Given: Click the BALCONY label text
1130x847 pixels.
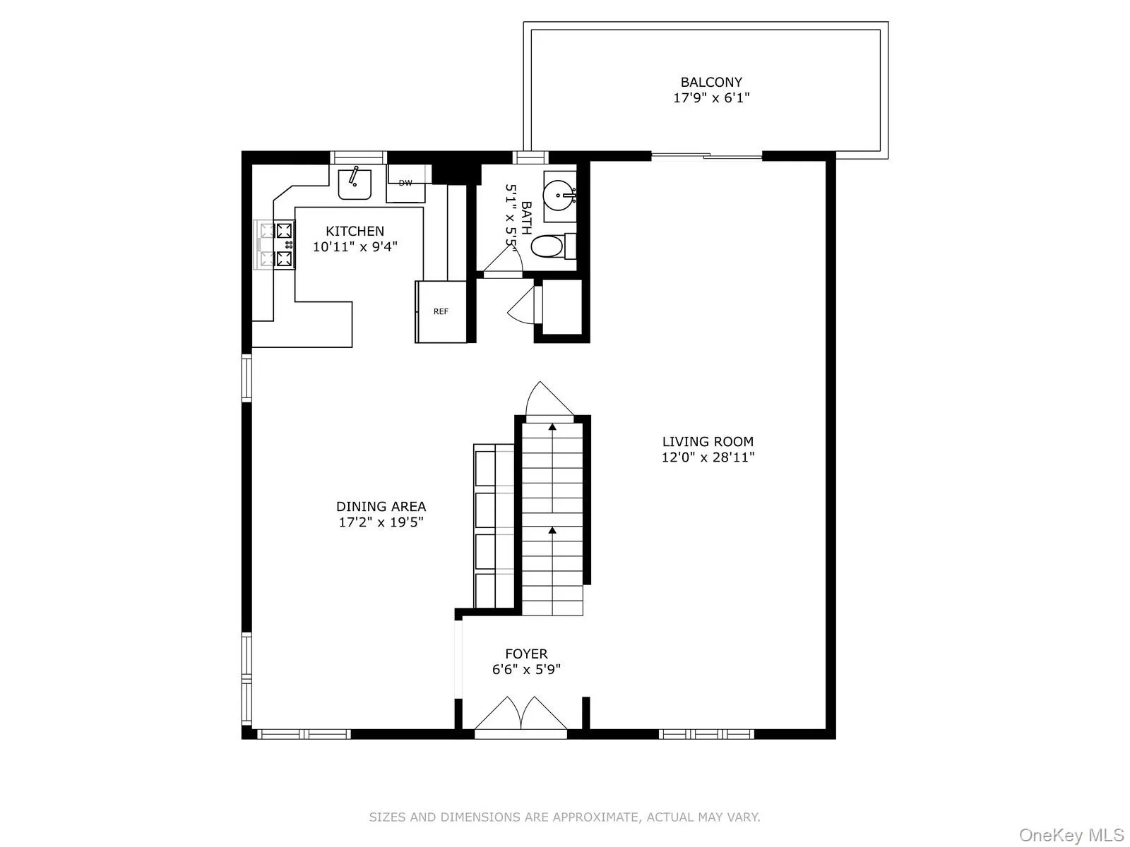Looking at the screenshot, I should (711, 83).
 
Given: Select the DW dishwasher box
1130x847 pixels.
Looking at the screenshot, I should (405, 184).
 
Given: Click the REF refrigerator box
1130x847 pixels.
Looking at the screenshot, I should (441, 311).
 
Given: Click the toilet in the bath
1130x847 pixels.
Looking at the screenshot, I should (547, 246).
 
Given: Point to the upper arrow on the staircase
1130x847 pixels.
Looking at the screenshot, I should (552, 428).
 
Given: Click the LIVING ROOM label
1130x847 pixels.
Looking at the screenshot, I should (708, 442).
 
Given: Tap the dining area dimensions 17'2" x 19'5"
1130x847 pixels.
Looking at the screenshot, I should (381, 522).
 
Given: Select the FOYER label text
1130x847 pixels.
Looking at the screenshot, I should (526, 654).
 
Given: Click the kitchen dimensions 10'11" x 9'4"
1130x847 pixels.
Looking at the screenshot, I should (355, 247).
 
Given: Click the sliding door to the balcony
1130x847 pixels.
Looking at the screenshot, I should (706, 156).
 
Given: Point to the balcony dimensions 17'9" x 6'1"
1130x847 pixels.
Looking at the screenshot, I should (711, 98).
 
